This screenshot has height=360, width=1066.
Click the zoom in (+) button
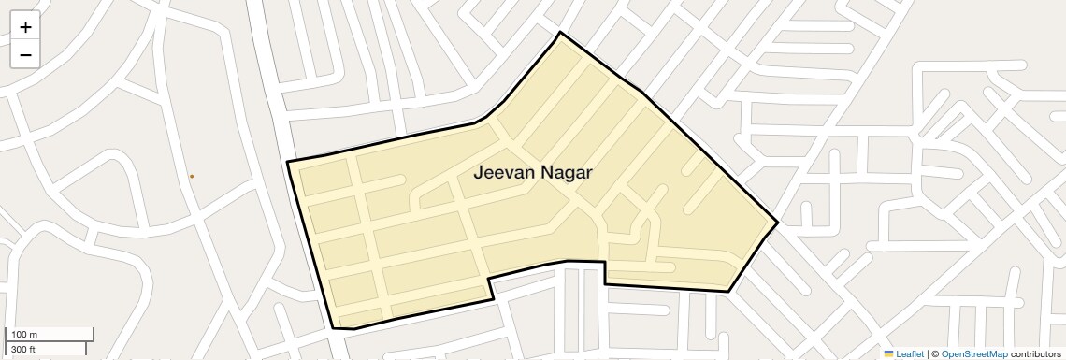[25, 27]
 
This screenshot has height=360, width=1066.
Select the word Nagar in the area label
[573, 173]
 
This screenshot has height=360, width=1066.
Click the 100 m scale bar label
[24, 335]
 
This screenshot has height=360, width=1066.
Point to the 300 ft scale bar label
[23, 350]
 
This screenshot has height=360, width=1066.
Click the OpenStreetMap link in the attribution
[974, 353]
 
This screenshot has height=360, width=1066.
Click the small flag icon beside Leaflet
[888, 353]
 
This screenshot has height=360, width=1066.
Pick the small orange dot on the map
[192, 176]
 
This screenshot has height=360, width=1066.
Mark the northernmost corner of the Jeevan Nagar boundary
[560, 33]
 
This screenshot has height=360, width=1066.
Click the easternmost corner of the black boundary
[777, 223]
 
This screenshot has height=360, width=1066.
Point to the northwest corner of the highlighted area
[287, 163]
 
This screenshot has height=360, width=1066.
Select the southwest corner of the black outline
[334, 328]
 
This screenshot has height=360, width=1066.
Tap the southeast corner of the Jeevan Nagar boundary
[728, 292]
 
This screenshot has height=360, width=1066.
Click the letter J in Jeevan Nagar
[479, 173]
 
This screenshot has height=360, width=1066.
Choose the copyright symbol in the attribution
[934, 353]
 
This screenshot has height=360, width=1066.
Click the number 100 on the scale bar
[19, 335]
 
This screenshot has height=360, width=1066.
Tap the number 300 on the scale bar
[18, 350]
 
